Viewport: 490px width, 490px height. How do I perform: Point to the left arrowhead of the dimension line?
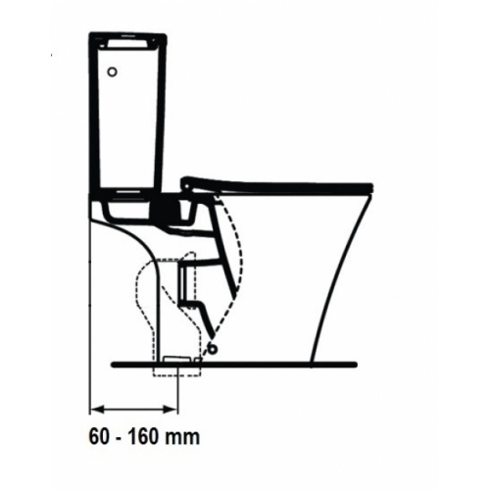(x=95, y=405)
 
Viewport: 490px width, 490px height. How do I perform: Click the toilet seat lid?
(x=284, y=184)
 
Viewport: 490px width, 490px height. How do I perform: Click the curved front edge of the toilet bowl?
(x=333, y=284)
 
